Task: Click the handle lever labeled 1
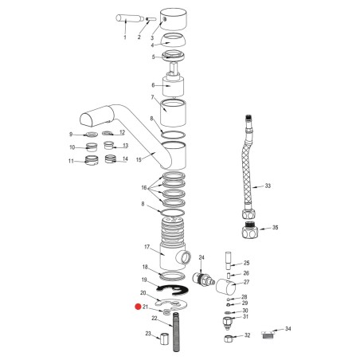click(127, 18)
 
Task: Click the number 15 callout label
click(139, 160)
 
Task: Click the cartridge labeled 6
click(174, 84)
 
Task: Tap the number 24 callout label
click(202, 258)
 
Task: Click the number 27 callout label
click(245, 282)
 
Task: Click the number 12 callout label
click(123, 132)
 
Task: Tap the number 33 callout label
click(268, 186)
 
